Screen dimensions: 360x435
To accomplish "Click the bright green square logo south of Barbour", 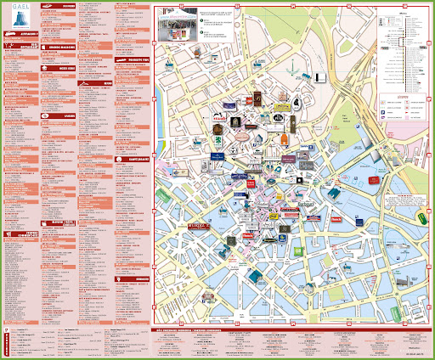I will tap(299, 251).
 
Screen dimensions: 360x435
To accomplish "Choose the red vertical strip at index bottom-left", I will tap(7, 340).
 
